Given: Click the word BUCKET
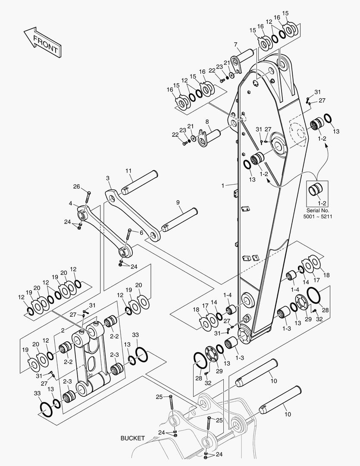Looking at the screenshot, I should [132, 438].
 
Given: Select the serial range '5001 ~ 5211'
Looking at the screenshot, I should [319, 216].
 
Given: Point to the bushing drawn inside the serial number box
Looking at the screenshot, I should [316, 190].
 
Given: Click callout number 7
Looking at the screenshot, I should [236, 44].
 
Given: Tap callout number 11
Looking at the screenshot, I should [128, 171].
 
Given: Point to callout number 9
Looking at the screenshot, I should [177, 202].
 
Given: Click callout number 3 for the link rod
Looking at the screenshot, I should [108, 178].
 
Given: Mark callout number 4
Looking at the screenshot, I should [70, 203].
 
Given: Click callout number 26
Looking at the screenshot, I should [77, 186].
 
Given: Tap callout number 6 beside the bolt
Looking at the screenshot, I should [141, 232].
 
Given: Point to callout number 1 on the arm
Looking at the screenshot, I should [222, 185].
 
